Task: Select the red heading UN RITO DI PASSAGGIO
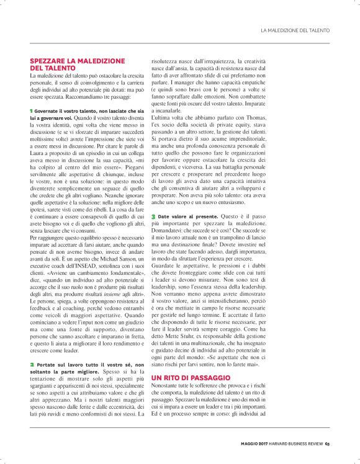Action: point(191,377)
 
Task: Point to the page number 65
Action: point(327,443)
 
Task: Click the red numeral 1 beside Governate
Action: point(32,110)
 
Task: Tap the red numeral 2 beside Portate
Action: point(32,363)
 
